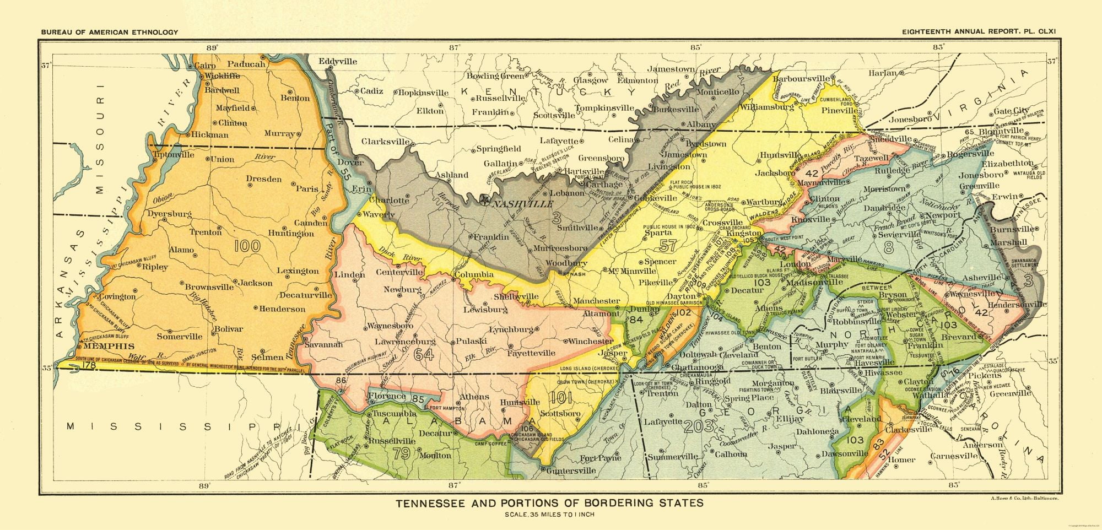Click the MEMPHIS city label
109,347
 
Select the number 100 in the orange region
247,245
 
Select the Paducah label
246,64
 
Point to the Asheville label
981,278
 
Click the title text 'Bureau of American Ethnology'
109,32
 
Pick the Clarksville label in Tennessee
386,142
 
